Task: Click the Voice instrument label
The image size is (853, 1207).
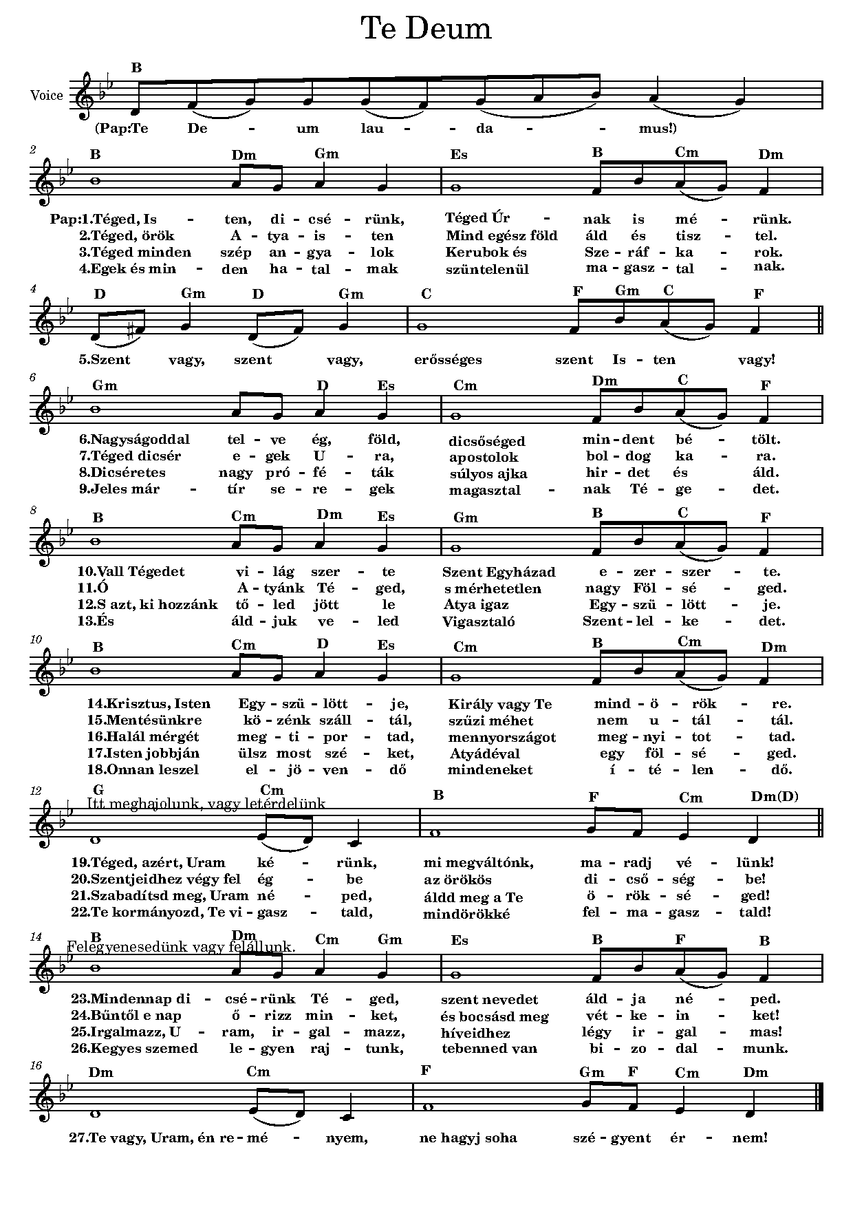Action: pos(47,96)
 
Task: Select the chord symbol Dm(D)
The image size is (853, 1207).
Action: pos(775,796)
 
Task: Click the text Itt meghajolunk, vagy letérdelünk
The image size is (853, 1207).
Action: pos(206,803)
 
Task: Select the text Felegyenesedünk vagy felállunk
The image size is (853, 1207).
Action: pos(182,947)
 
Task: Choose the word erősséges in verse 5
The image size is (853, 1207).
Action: pos(448,359)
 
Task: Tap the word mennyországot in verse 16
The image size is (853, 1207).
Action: pos(501,737)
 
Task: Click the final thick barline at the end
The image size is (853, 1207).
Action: pos(821,1098)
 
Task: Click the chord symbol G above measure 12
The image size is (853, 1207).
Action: pos(98,789)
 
